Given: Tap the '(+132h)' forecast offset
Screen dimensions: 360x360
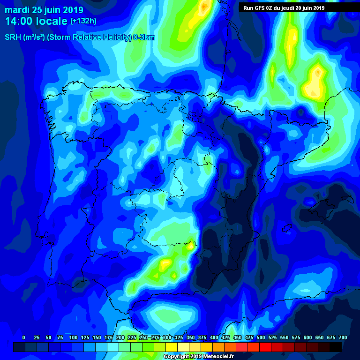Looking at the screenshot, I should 83,22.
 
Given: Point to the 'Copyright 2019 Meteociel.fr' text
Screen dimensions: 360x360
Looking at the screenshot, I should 199,357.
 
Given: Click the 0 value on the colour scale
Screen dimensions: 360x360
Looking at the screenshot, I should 23,337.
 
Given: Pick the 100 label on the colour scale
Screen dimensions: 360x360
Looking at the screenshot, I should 73,337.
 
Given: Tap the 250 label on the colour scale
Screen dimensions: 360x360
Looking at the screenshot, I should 143,337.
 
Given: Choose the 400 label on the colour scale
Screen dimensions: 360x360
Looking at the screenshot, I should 214,337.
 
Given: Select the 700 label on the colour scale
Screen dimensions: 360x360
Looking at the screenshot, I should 343,337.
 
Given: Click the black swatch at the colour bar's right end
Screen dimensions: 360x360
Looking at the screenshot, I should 336,347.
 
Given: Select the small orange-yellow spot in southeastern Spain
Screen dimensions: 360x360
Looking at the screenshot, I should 190,245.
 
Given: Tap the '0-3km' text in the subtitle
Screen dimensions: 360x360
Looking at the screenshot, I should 144,37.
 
